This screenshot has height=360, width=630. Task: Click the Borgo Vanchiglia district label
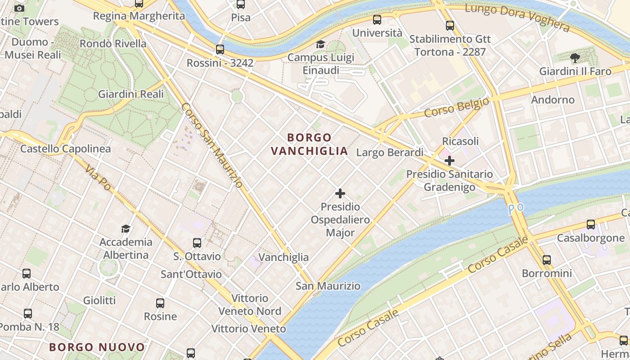(310, 144)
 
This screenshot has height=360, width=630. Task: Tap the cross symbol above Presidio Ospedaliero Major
(340, 193)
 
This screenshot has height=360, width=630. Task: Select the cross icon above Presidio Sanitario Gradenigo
(449, 160)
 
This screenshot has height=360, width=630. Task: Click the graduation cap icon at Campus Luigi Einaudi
(320, 44)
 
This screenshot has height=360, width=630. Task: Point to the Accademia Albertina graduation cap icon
(126, 229)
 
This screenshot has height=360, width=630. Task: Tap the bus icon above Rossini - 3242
(220, 49)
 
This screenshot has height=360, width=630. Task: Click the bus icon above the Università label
(377, 20)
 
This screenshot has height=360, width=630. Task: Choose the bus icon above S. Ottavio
(197, 243)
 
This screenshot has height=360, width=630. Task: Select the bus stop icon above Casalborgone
(591, 224)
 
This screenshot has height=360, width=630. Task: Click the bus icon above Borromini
(546, 260)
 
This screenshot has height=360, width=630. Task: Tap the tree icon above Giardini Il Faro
(575, 58)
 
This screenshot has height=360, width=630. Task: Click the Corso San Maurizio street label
(212, 145)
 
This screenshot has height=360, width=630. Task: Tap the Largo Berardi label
(390, 153)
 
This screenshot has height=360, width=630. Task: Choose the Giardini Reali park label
(131, 94)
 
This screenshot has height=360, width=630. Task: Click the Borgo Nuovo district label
(97, 347)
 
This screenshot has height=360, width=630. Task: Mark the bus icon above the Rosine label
(160, 303)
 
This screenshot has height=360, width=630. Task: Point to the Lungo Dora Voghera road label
(517, 17)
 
